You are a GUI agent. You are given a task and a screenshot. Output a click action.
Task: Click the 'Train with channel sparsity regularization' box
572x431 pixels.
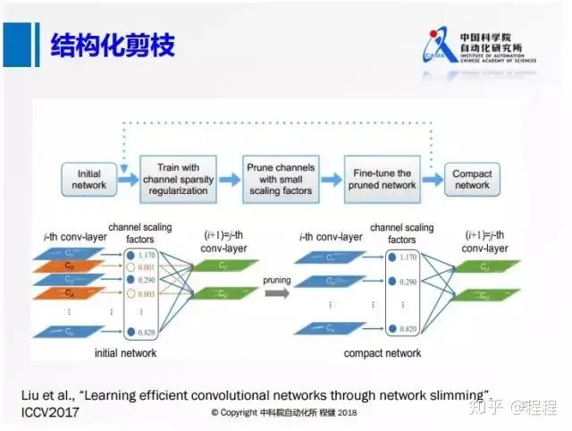pyautogui.click(x=179, y=179)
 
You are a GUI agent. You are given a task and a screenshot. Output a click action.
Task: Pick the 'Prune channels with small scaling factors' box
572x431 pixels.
pyautogui.click(x=281, y=179)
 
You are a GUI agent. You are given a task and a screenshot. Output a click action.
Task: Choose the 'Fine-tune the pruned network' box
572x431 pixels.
pyautogui.click(x=381, y=179)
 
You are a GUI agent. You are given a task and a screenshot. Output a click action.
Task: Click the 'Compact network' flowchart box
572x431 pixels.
pyautogui.click(x=472, y=179)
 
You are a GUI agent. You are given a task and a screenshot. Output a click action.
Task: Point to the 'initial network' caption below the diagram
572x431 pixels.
pyautogui.click(x=125, y=353)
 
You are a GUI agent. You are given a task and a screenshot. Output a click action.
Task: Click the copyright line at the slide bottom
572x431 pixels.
pyautogui.click(x=282, y=413)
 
